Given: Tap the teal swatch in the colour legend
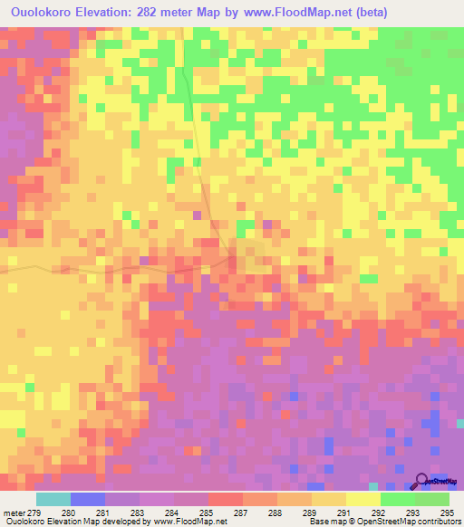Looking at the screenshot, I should pyautogui.click(x=53, y=499).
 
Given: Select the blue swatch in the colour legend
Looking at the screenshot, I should pyautogui.click(x=87, y=499).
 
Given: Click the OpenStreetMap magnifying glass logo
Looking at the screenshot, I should pyautogui.click(x=422, y=482).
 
